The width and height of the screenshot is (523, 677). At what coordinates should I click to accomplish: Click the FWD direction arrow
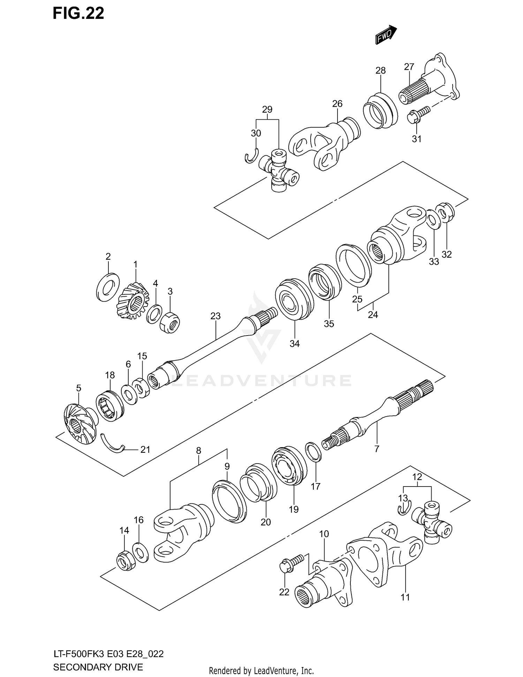(386, 35)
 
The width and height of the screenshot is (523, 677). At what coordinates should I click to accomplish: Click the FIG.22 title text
(78, 13)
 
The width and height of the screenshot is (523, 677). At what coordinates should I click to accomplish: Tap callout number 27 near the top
(409, 67)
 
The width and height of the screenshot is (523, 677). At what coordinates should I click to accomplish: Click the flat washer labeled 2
(107, 287)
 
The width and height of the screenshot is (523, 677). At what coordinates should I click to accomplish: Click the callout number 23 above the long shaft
(215, 316)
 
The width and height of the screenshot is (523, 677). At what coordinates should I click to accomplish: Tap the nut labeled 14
(124, 560)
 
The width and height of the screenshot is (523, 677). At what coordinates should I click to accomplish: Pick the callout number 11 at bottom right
(405, 597)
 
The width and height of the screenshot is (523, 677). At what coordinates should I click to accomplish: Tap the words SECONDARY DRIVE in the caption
(98, 667)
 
